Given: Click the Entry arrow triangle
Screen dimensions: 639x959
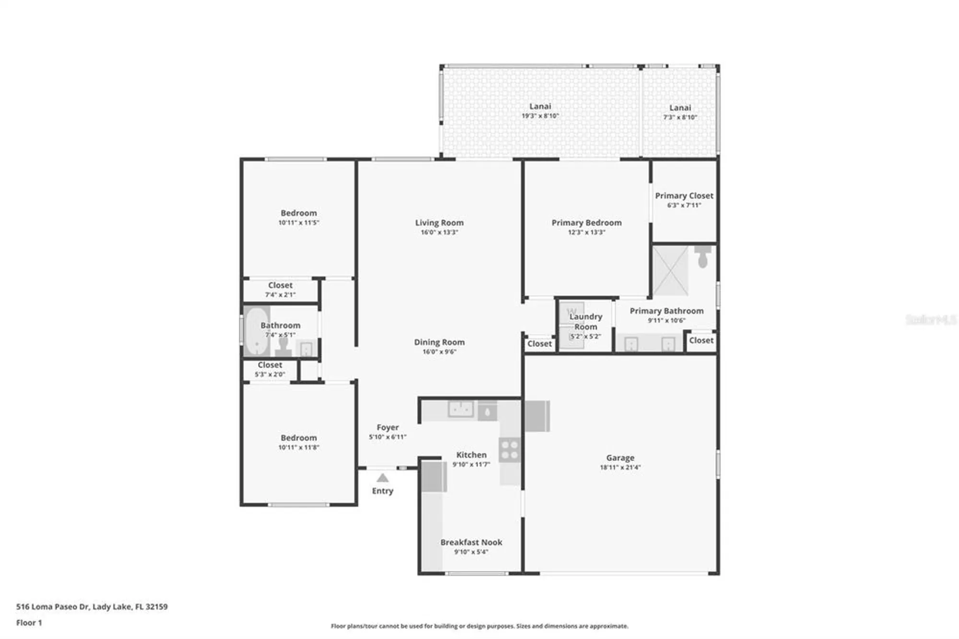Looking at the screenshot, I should click(x=382, y=478).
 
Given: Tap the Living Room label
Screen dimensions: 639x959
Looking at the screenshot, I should click(x=439, y=223).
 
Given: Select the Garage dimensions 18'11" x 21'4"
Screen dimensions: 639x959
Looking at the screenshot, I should click(x=620, y=467).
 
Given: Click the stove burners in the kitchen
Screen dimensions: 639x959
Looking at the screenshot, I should click(x=509, y=450).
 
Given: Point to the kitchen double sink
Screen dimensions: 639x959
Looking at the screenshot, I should click(x=461, y=409).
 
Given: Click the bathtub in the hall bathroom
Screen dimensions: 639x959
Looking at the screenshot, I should click(x=257, y=331).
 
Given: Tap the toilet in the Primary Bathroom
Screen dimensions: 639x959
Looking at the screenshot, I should click(x=703, y=256).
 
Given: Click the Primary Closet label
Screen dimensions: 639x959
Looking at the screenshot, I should click(x=684, y=196).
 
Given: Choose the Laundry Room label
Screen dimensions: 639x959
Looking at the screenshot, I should click(x=585, y=321).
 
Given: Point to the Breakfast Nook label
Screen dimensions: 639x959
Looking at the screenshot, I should click(x=471, y=542).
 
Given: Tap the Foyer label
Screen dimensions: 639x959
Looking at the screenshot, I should click(x=387, y=427).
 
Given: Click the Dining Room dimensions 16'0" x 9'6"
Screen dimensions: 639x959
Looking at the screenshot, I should click(x=439, y=352).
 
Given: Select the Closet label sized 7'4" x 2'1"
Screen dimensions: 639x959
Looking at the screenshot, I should click(x=280, y=285).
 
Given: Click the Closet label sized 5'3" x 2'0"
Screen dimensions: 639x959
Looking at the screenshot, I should click(x=270, y=365).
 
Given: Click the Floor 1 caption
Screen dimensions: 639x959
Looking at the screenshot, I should click(x=29, y=623).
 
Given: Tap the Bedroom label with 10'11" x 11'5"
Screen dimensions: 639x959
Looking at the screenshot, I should click(x=298, y=213).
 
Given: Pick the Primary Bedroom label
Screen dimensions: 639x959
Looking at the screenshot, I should click(x=586, y=223).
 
